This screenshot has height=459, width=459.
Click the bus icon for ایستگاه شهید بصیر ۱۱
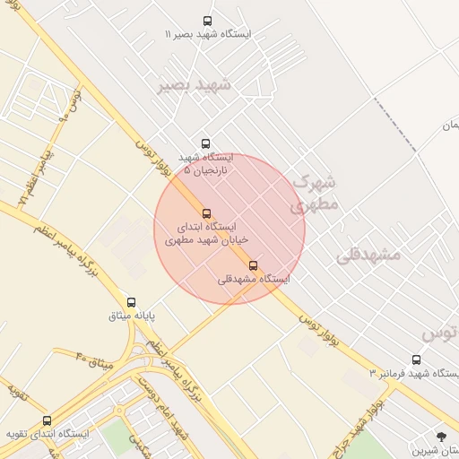(208, 21)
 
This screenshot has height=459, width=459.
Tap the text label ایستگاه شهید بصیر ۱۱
(208, 34)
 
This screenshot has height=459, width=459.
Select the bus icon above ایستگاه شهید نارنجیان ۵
(206, 143)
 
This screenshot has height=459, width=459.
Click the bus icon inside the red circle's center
(207, 213)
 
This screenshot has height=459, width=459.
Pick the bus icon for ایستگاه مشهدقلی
(254, 265)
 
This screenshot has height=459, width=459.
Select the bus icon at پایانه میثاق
(132, 302)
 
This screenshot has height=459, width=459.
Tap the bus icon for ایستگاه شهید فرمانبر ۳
(415, 359)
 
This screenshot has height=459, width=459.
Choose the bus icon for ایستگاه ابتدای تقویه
(47, 420)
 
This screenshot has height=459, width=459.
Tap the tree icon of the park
(440, 437)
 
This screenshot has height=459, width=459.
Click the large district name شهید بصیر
(195, 85)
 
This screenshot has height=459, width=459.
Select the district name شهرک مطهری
(314, 193)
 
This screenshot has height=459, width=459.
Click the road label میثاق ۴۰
(92, 359)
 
